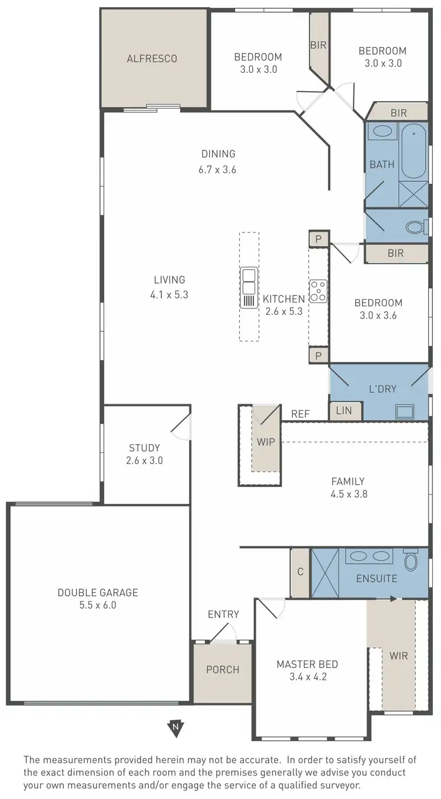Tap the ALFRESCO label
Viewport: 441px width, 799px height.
(x=152, y=59)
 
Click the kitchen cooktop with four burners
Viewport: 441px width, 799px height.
(x=319, y=291)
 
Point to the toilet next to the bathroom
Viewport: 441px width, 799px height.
(x=415, y=226)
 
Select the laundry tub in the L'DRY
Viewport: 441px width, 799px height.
(x=405, y=411)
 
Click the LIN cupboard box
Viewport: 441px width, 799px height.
(x=345, y=411)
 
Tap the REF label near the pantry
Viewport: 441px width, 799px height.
(x=300, y=414)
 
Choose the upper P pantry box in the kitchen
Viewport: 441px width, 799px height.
(x=318, y=239)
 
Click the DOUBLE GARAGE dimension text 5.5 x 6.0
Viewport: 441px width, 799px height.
(x=98, y=605)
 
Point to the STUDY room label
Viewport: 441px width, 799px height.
(x=145, y=448)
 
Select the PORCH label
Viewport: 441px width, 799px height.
(x=223, y=669)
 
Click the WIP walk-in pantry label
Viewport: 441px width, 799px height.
(x=266, y=442)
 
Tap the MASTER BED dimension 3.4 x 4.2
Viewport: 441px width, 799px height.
(x=307, y=676)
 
